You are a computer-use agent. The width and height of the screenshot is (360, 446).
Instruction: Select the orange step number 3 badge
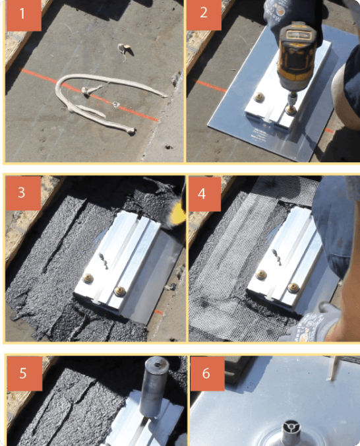click(x=23, y=193)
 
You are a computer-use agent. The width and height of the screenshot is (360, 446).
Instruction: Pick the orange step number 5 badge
click(x=25, y=373)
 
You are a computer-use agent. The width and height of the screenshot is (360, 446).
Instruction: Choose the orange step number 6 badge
click(x=207, y=373)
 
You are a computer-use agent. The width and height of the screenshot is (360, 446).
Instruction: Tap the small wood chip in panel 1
click(x=125, y=49)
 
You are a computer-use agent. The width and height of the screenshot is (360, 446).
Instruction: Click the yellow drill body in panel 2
click(x=297, y=57)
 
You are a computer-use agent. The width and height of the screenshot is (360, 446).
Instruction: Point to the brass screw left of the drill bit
click(x=258, y=97)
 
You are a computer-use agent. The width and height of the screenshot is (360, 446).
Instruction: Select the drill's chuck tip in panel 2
click(x=290, y=110)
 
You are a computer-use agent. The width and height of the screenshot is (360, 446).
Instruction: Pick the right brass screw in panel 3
click(x=120, y=290)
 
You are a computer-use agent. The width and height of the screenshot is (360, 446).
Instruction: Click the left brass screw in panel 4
click(x=261, y=274)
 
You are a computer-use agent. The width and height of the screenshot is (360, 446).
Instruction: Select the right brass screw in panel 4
click(x=293, y=288)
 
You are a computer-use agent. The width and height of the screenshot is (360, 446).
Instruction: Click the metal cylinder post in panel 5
click(x=154, y=387)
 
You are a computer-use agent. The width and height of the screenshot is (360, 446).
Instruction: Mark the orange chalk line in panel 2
click(x=211, y=86)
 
